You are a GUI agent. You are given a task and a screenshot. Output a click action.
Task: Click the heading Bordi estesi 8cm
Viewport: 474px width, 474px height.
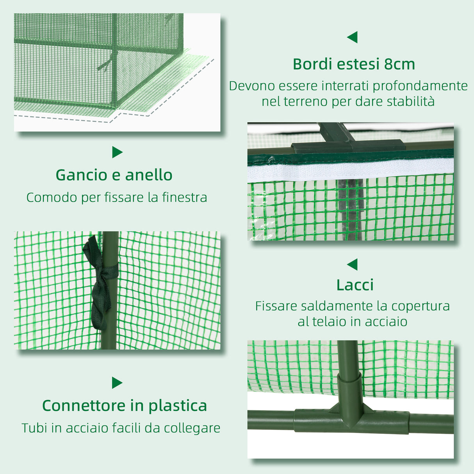click(x=354, y=64)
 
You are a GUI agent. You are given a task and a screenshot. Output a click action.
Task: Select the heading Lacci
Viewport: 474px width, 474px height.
click(x=355, y=285)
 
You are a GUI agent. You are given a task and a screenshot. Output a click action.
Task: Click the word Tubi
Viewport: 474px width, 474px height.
click(x=34, y=428)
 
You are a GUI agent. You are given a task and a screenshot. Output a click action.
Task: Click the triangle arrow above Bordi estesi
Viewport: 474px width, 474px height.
click(x=352, y=37)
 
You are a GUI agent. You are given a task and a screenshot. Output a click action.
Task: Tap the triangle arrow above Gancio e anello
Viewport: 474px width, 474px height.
click(x=117, y=152)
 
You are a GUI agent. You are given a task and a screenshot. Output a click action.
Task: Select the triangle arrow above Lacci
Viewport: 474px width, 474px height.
click(x=352, y=264)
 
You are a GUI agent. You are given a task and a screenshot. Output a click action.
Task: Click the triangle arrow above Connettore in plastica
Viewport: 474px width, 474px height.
click(x=117, y=383)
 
